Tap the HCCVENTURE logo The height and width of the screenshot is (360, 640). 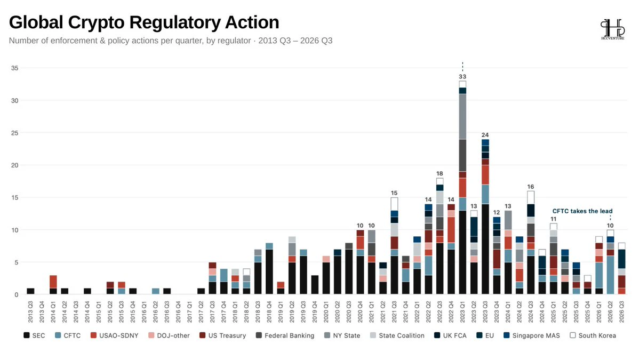(x=613, y=29)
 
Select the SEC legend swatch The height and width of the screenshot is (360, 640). (x=27, y=335)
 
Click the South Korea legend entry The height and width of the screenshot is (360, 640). (x=593, y=335)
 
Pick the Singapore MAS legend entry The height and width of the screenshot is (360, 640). (x=532, y=335)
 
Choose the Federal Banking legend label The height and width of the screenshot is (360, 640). (x=290, y=335)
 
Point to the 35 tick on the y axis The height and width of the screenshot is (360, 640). (x=14, y=68)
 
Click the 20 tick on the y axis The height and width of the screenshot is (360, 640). (x=14, y=165)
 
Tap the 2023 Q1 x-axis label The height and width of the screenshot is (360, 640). (x=462, y=312)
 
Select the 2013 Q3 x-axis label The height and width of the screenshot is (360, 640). (x=30, y=312)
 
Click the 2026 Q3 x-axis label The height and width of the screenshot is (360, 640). (x=622, y=312)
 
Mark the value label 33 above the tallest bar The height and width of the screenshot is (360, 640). (x=462, y=77)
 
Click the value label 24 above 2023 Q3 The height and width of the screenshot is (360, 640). (x=485, y=135)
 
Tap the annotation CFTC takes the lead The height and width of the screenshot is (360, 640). (x=582, y=211)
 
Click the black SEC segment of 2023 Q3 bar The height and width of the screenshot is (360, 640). (x=485, y=249)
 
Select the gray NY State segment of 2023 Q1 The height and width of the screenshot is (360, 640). (x=462, y=117)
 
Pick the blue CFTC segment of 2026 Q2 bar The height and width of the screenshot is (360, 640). (x=610, y=275)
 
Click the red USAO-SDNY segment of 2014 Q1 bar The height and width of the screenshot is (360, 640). (x=53, y=282)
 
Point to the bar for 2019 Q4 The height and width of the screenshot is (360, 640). (x=315, y=285)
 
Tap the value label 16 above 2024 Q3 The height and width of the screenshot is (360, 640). (x=531, y=187)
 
